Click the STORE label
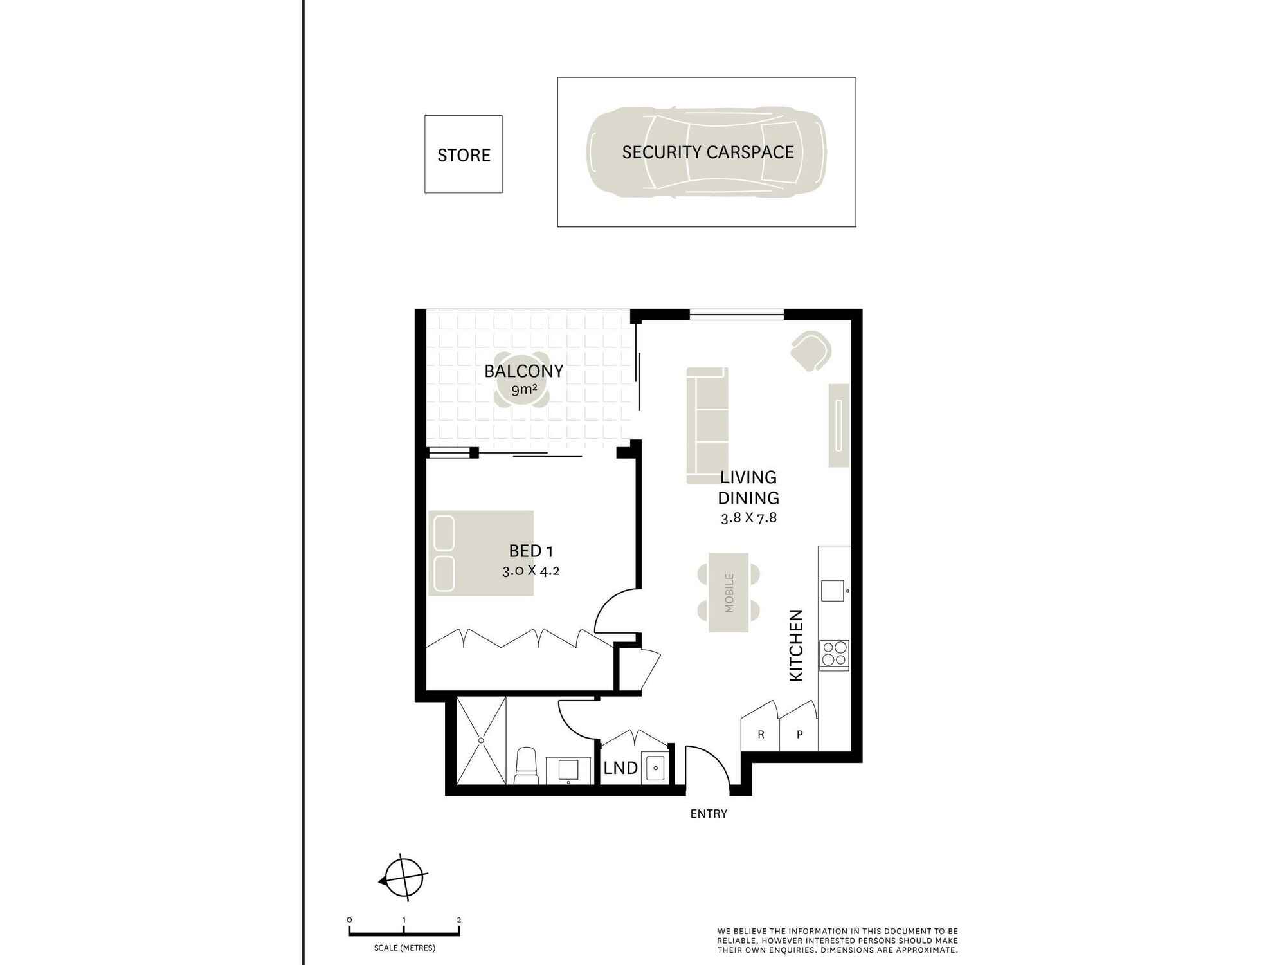(464, 155)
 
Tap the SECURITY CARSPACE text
(708, 152)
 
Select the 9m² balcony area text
(524, 389)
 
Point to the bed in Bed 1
(481, 553)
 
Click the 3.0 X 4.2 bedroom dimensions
(531, 571)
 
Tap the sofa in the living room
(707, 425)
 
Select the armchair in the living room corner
(811, 351)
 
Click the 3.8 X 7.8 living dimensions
(749, 518)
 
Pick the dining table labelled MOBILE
(729, 593)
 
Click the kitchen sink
(832, 591)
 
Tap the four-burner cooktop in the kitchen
(834, 655)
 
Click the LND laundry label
(620, 767)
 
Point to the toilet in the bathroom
(526, 766)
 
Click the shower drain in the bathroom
(481, 740)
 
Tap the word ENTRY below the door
(709, 814)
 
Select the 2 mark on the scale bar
(458, 920)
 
